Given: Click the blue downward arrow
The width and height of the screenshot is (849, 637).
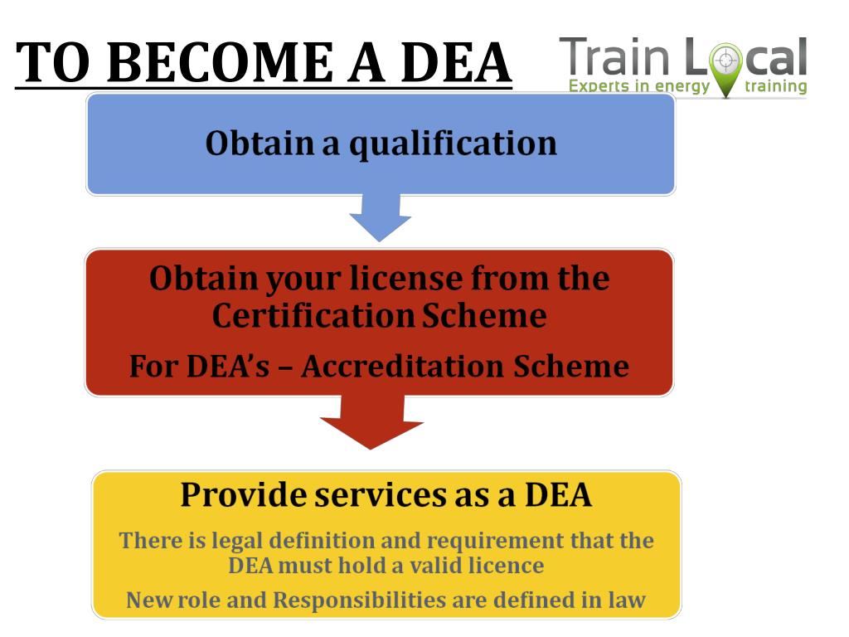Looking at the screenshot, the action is [x=380, y=217].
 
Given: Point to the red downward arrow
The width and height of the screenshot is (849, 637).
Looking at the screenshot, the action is [x=371, y=421].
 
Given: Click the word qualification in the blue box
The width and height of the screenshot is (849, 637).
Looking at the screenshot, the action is [x=453, y=144].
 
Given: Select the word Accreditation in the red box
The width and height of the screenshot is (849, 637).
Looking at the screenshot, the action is [x=403, y=366].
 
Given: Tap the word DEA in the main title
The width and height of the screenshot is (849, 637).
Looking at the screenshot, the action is [x=456, y=62].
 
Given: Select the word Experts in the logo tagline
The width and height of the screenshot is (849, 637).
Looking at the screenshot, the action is [x=599, y=86].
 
